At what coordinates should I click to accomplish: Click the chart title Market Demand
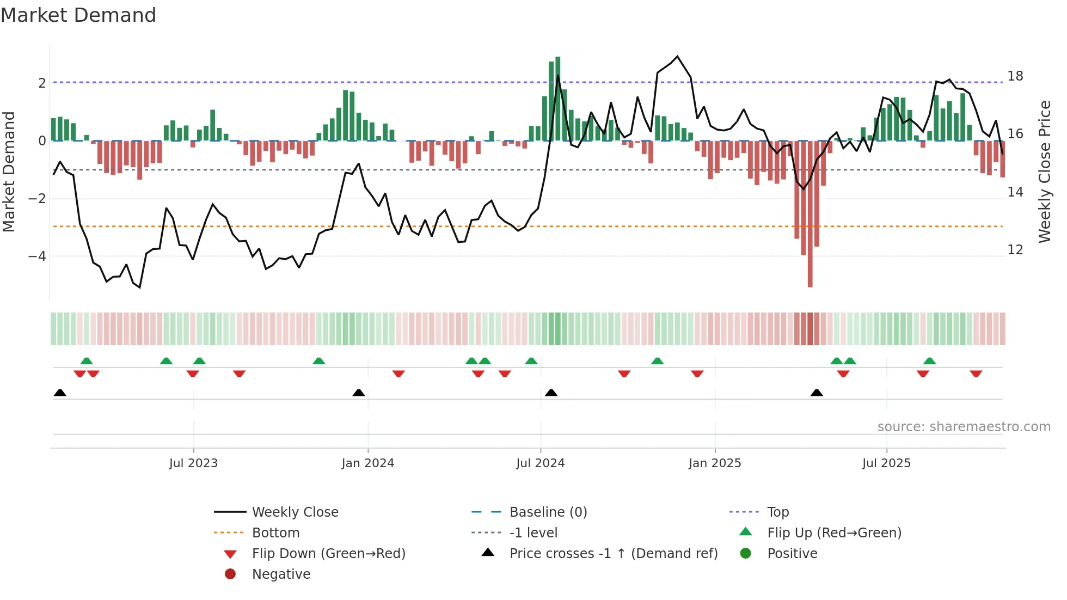tap(78, 15)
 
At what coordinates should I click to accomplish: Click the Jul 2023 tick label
tap(193, 463)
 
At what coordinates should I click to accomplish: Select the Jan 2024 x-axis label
tap(367, 463)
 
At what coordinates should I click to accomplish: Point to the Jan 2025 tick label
tap(714, 463)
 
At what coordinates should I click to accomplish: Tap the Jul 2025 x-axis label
tap(886, 463)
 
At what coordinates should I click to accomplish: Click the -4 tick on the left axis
tap(37, 256)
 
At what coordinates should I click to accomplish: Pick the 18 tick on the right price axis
tap(1015, 76)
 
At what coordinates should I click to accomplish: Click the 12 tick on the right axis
tap(1015, 250)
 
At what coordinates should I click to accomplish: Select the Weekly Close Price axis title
tap(1044, 172)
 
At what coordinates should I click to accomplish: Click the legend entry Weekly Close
tap(295, 512)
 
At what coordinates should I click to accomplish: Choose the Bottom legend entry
tap(275, 533)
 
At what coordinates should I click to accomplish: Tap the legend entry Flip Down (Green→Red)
tap(328, 554)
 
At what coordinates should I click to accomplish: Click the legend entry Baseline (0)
tap(548, 512)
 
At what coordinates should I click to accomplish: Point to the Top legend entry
tap(778, 512)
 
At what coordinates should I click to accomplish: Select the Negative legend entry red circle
tap(230, 574)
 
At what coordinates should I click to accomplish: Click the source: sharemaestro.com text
tap(964, 427)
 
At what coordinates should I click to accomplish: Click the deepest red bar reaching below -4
tap(810, 218)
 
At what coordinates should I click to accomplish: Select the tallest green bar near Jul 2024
tap(557, 98)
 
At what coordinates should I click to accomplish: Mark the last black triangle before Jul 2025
tap(817, 393)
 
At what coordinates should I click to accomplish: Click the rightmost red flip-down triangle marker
tap(976, 374)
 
